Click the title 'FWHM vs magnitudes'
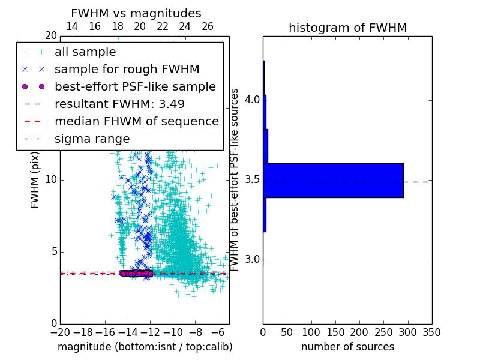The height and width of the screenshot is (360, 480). click(x=136, y=14)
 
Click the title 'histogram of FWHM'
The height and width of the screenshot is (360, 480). click(x=347, y=28)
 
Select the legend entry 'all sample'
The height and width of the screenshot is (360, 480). click(x=85, y=52)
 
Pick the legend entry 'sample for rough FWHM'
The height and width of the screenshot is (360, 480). click(x=127, y=70)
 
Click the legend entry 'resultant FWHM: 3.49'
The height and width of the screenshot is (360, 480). click(x=119, y=104)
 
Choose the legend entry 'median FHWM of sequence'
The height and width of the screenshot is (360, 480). click(x=136, y=122)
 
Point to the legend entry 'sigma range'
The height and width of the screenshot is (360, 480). click(x=92, y=139)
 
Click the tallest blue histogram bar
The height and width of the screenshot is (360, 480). click(x=333, y=181)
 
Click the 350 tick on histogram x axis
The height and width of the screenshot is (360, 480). click(x=431, y=332)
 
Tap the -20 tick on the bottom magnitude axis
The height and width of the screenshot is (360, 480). click(x=60, y=332)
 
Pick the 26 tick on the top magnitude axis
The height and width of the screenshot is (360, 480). click(x=208, y=26)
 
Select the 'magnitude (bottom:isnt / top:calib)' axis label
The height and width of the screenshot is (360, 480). click(x=145, y=347)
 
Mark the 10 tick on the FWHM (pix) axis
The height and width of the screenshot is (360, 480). click(x=50, y=180)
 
